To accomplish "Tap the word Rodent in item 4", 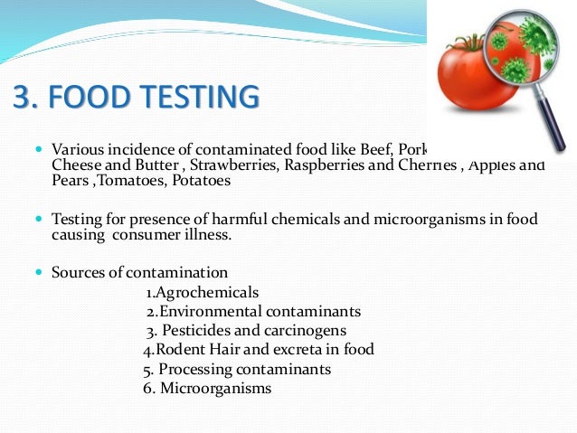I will click(184, 350).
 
